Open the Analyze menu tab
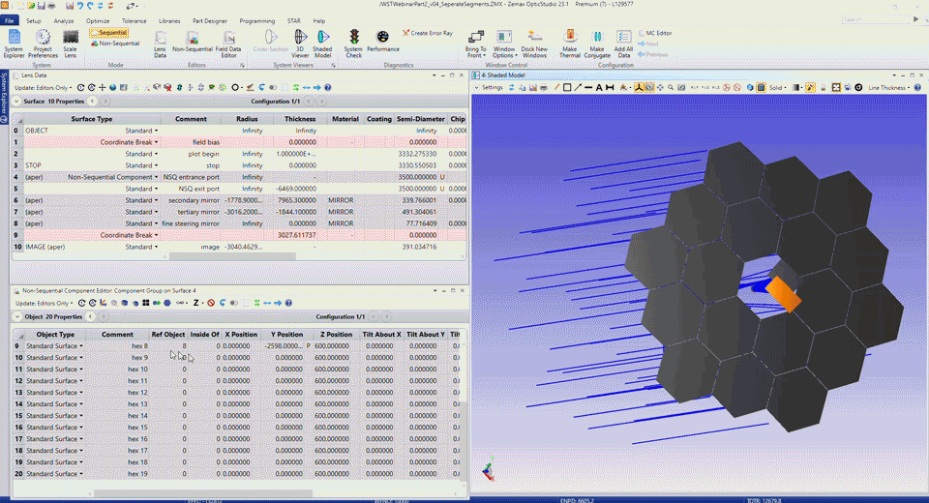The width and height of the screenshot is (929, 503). click(x=64, y=20)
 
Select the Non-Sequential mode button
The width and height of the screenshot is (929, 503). click(x=117, y=44)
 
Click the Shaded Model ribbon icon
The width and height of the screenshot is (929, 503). click(x=322, y=44)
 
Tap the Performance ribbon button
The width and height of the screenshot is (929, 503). click(x=383, y=44)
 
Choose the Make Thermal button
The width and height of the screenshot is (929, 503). click(x=570, y=44)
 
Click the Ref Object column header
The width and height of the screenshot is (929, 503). click(x=168, y=335)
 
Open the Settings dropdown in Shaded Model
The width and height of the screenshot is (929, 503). click(x=492, y=87)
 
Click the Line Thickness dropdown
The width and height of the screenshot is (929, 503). click(x=890, y=87)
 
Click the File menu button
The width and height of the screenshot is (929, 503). click(x=10, y=20)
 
